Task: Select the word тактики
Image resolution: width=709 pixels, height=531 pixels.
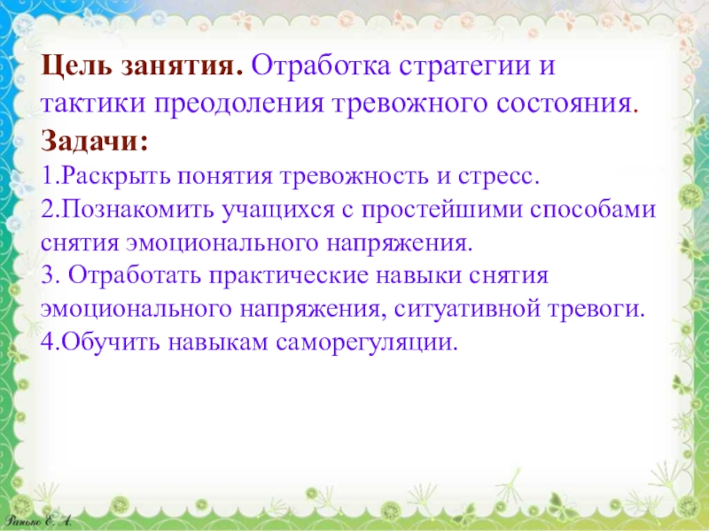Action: pos(93,104)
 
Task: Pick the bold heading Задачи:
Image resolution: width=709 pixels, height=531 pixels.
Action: pos(94,141)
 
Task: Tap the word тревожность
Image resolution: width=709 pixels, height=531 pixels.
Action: pos(354,176)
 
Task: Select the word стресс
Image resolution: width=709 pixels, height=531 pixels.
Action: pos(499,177)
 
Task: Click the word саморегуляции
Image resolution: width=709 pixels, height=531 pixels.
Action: pos(367,343)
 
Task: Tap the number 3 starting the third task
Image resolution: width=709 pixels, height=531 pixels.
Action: pos(48,276)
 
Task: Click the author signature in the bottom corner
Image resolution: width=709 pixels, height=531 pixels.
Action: pos(38,521)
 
